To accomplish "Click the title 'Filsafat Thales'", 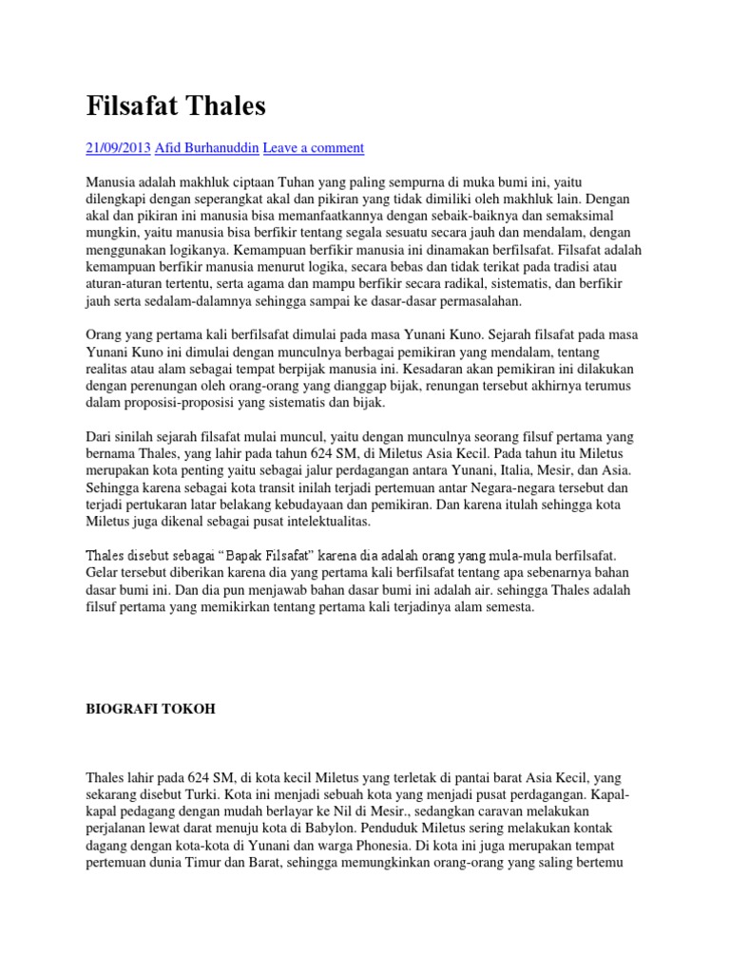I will [x=176, y=106].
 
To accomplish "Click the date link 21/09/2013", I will [x=120, y=148].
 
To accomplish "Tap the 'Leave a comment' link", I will [x=313, y=148].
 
